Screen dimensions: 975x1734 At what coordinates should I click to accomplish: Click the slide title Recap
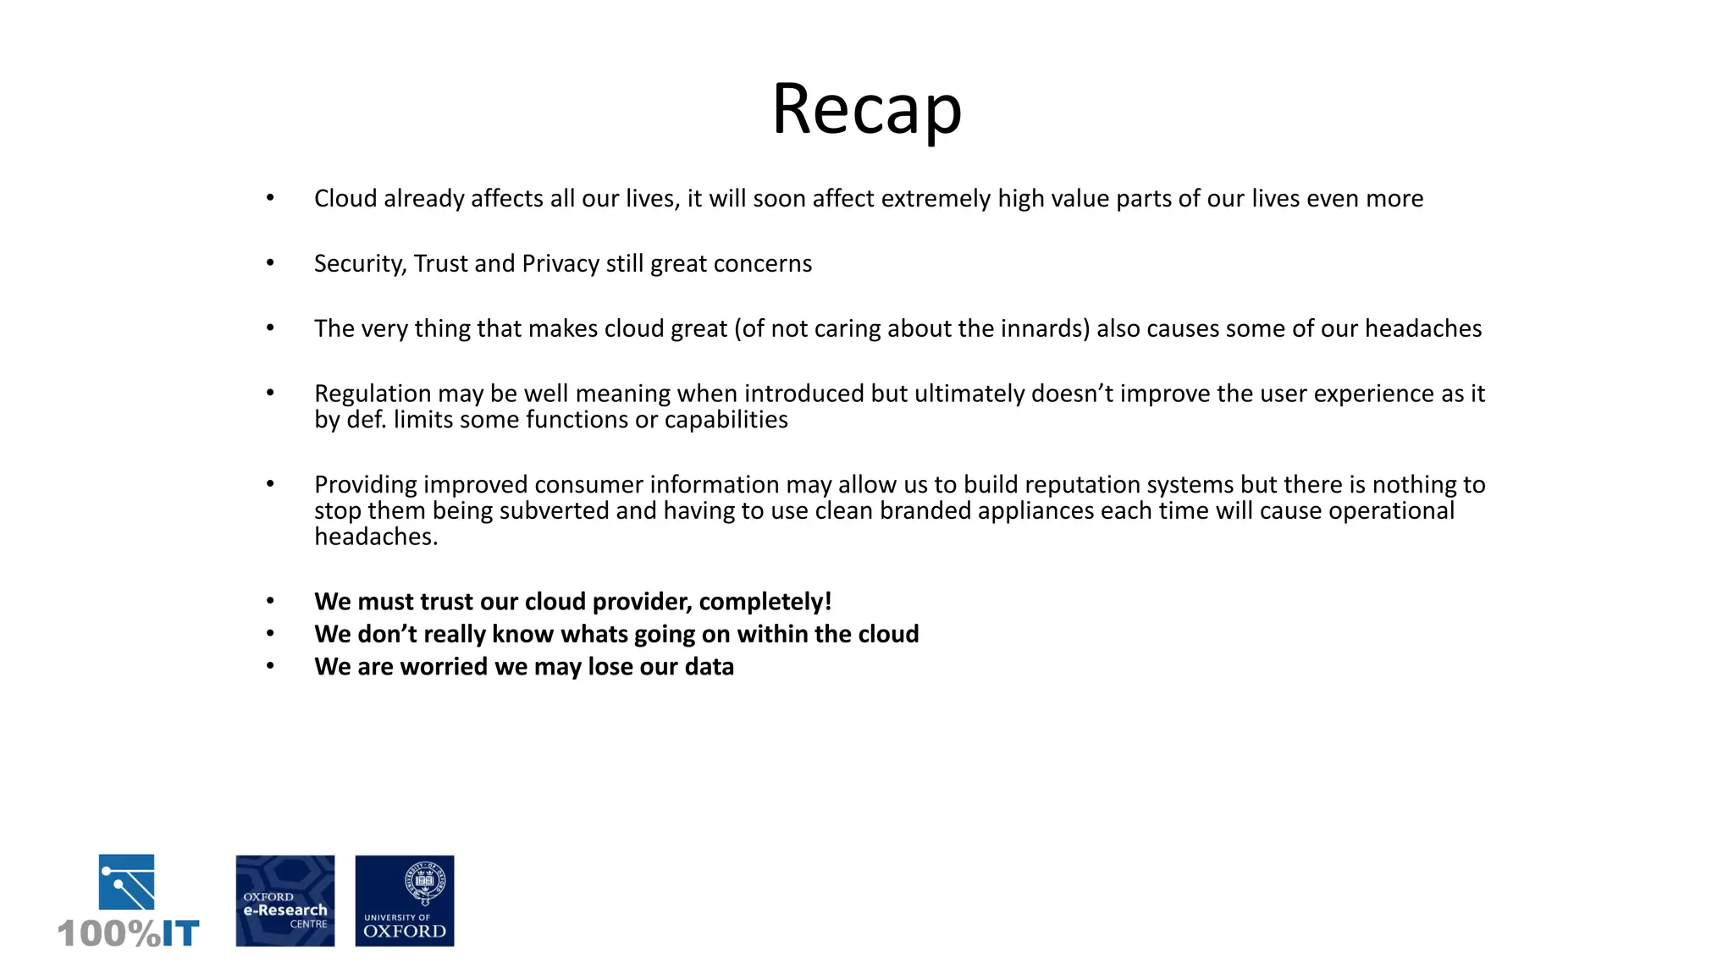pyautogui.click(x=866, y=109)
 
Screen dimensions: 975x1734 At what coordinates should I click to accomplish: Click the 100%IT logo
pyautogui.click(x=128, y=902)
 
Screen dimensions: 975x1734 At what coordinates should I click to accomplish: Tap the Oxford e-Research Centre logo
pyautogui.click(x=284, y=901)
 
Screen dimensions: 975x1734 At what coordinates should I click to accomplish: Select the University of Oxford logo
pyautogui.click(x=404, y=901)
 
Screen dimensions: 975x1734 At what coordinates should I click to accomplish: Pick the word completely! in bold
pyautogui.click(x=765, y=602)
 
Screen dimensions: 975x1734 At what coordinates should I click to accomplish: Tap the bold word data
pyautogui.click(x=709, y=667)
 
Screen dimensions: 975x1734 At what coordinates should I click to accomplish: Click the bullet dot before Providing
pyautogui.click(x=270, y=484)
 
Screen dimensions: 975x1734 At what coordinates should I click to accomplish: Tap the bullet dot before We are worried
pyautogui.click(x=270, y=666)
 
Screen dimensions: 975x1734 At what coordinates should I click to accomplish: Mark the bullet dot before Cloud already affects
pyautogui.click(x=270, y=198)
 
